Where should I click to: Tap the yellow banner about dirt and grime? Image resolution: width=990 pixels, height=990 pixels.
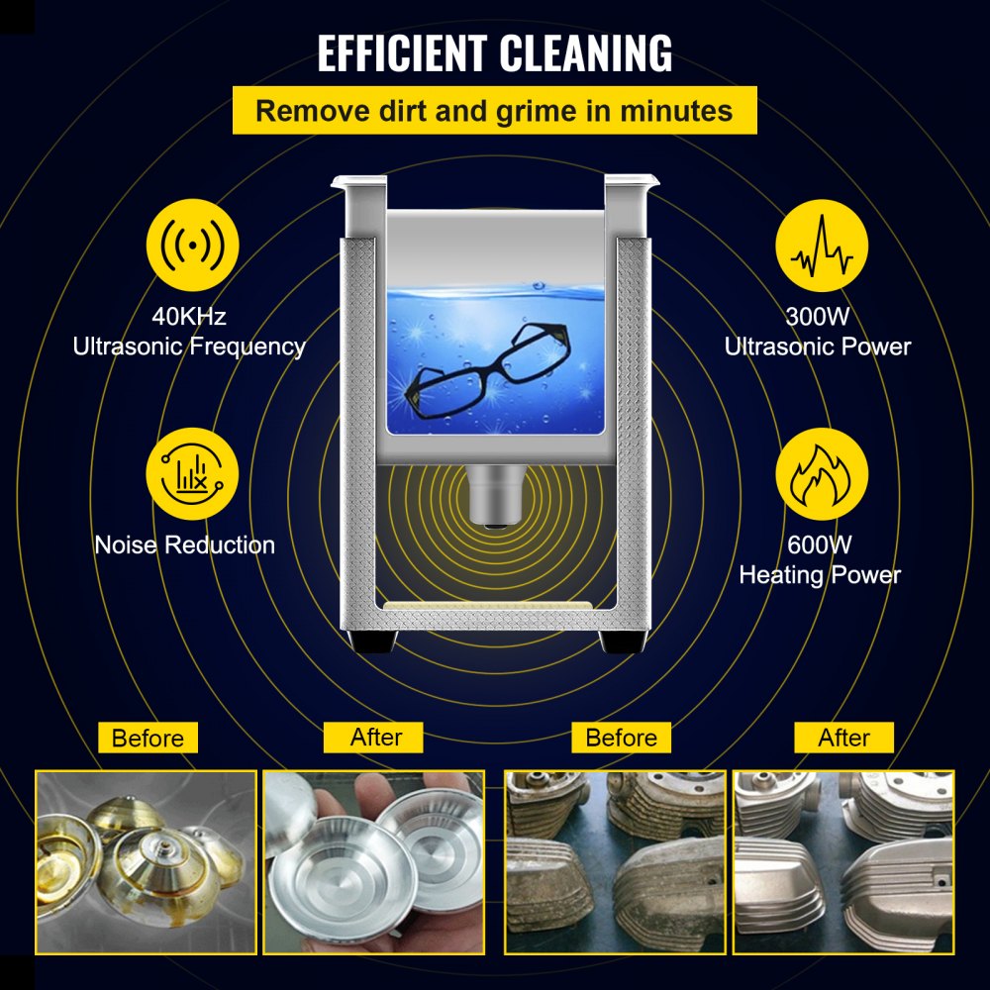pos(494,110)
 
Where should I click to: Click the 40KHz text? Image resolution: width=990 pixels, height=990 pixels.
pos(189,317)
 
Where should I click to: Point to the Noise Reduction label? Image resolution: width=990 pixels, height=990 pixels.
pos(185,544)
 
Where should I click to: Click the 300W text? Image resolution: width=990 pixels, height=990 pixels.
pos(818,317)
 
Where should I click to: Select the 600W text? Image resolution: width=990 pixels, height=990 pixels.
pos(821,544)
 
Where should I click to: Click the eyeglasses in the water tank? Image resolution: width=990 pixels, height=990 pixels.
pos(492,371)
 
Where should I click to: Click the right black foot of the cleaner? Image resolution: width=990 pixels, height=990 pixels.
pos(618,642)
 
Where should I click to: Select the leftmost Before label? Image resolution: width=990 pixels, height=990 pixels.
pos(148,738)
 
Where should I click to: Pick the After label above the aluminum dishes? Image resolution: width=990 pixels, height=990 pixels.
pos(376,737)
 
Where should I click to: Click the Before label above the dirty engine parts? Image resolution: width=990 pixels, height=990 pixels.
pos(622,738)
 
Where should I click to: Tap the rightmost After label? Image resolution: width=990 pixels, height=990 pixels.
pos(844,738)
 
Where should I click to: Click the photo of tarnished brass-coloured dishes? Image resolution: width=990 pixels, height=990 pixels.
pos(146,861)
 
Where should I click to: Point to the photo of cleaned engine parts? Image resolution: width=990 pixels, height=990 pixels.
pos(842,861)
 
